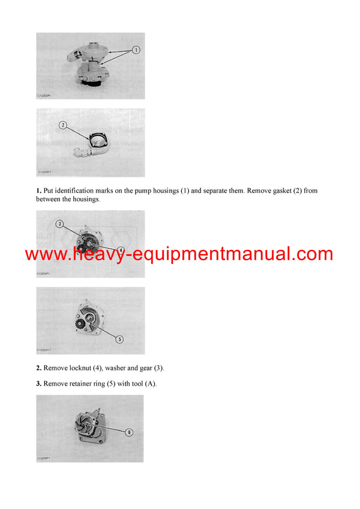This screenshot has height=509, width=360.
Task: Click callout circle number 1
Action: [136, 50]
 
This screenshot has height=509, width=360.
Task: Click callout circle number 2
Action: [62, 125]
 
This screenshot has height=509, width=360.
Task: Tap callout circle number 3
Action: [59, 224]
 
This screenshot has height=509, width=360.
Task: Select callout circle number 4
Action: [121, 251]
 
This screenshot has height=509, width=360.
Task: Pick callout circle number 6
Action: [128, 432]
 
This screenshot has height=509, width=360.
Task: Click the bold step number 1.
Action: [38, 191]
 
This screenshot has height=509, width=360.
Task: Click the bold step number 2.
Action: [38, 368]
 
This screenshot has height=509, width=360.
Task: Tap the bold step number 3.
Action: [38, 383]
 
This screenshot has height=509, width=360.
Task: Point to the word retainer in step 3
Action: [81, 383]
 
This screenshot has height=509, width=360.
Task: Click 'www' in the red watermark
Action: [45, 254]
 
